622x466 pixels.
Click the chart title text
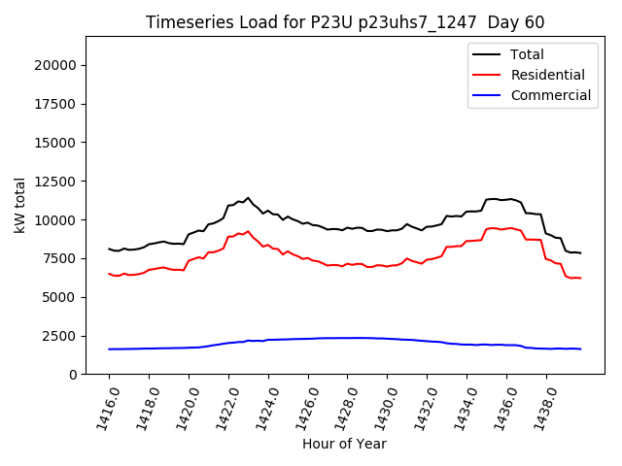point(344,22)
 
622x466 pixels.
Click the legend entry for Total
point(527,54)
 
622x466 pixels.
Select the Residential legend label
point(547,75)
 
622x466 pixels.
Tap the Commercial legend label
point(550,95)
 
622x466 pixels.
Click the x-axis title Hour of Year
point(344,444)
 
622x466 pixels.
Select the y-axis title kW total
point(20,206)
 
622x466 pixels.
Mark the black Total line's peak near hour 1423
point(248,198)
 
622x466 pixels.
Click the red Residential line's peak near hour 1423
point(248,231)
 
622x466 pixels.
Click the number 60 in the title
point(533,22)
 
